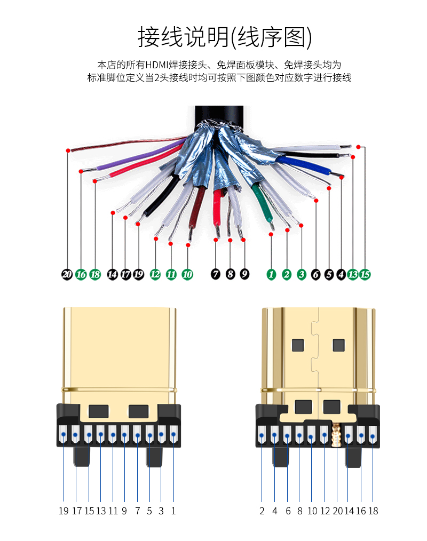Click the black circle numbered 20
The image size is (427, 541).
[x=67, y=275]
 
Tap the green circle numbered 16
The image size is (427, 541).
[x=81, y=275]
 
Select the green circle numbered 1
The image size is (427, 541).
[x=272, y=275]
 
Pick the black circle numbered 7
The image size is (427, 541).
[x=216, y=274]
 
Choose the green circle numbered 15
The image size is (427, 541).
[x=365, y=275]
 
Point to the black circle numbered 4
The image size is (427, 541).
[x=341, y=275]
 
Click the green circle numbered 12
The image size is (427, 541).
[x=155, y=275]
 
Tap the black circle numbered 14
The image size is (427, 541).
[x=112, y=275]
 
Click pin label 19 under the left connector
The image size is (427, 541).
[x=64, y=511]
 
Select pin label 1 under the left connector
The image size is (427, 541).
[x=173, y=511]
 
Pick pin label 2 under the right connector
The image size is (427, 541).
[x=262, y=511]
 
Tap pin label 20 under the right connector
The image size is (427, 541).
[x=337, y=511]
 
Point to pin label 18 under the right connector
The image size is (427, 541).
[x=373, y=511]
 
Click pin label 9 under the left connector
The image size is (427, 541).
[x=124, y=511]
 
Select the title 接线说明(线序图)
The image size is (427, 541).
[x=225, y=37]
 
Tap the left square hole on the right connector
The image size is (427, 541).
[x=297, y=345]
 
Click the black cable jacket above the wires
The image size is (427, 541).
[x=219, y=114]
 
